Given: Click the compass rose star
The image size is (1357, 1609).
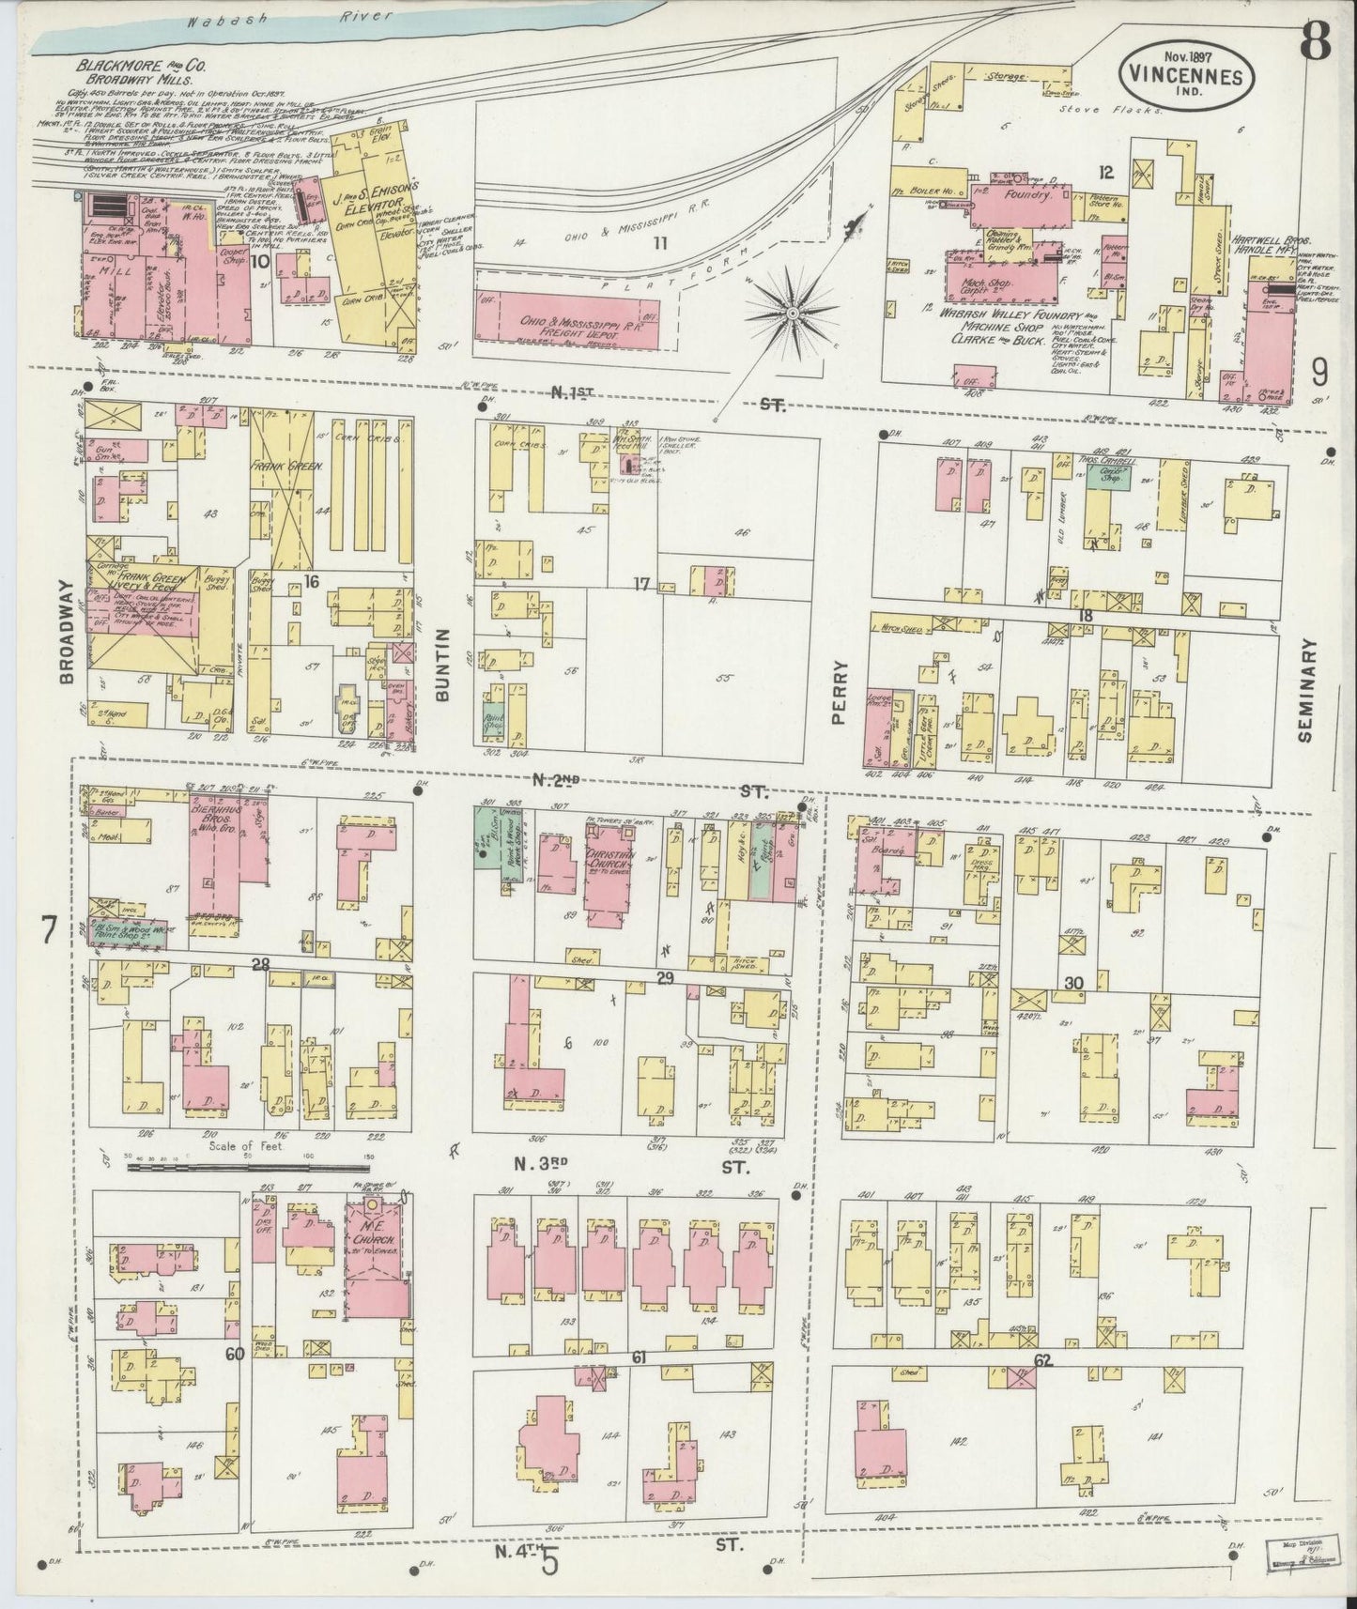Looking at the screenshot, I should [793, 311].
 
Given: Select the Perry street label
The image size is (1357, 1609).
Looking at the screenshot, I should [839, 693].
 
